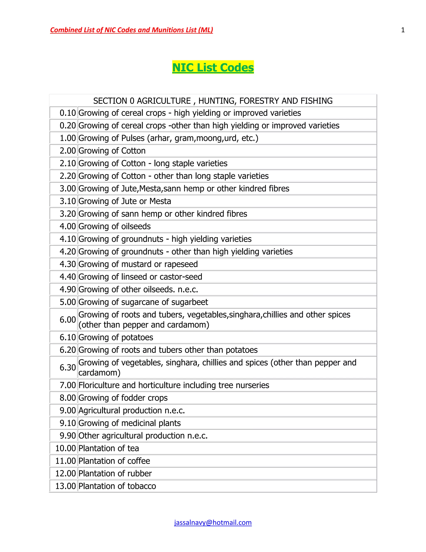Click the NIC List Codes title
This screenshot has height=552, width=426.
pos(213,67)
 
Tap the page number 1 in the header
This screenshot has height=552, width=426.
pos(403,30)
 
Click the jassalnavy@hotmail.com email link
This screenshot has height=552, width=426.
pos(213,522)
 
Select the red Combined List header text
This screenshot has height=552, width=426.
pos(131,30)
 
